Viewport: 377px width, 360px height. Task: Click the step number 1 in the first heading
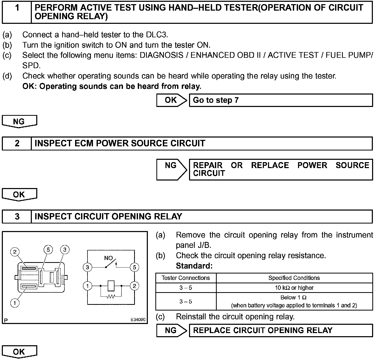pos(17,8)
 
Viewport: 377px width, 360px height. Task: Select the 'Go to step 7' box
pos(281,100)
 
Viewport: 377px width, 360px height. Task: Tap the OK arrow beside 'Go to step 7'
pos(171,100)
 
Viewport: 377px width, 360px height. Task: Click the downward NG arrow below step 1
pos(19,121)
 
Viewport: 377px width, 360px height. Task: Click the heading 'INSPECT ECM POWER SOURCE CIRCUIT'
pos(120,143)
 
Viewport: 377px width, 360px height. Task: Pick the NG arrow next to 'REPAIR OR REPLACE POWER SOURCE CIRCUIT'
pos(171,169)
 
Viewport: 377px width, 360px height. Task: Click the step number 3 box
pos(17,217)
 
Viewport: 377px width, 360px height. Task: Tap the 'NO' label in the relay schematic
pos(108,258)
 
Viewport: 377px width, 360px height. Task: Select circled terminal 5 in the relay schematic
pos(134,267)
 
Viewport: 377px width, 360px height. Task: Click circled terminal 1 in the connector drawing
pos(15,303)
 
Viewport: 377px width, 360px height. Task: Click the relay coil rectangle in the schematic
pos(111,286)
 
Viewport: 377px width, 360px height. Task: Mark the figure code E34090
pos(138,320)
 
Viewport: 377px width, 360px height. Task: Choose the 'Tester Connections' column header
pos(186,278)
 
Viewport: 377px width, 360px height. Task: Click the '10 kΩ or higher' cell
pos(294,288)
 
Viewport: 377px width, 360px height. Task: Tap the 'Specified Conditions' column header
pos(294,278)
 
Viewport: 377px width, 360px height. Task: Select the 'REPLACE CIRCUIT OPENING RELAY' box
pos(281,330)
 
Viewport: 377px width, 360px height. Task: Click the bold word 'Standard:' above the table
pos(194,266)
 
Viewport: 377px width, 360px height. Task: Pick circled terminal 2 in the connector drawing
pos(15,252)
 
